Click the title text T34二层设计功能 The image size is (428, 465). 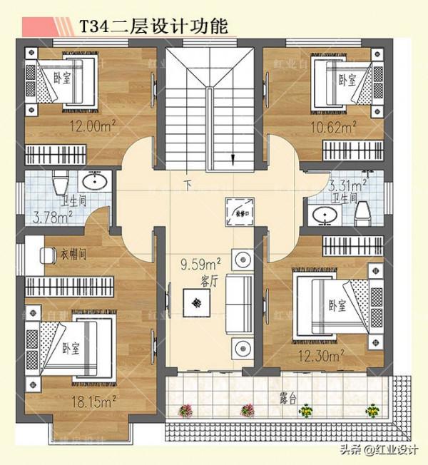(154, 27)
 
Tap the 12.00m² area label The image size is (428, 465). (93, 128)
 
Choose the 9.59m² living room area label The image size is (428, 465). (200, 265)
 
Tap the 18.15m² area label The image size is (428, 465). (93, 403)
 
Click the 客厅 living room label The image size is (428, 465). (208, 282)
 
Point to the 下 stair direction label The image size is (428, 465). (188, 186)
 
